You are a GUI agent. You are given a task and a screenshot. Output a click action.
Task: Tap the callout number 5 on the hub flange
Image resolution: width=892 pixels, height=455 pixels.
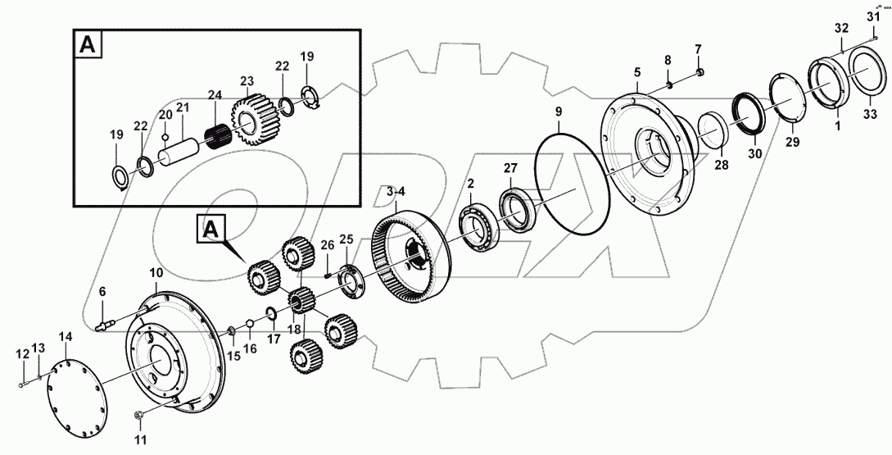[x=636, y=73]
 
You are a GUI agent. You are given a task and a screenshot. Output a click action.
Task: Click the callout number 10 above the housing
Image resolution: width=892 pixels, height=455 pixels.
[x=155, y=271]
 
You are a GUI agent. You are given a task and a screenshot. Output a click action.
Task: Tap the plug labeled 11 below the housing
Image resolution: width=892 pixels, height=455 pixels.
[x=140, y=416]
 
